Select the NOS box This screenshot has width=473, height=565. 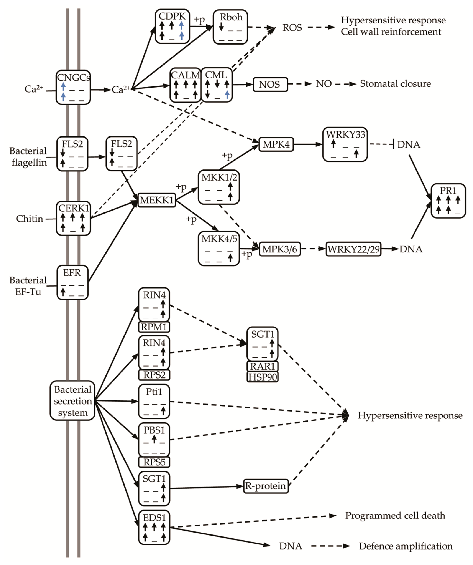[x=270, y=85]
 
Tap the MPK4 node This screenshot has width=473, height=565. [x=276, y=144]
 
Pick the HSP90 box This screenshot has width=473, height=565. [x=262, y=377]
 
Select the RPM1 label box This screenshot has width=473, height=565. [x=154, y=327]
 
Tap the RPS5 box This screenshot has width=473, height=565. [x=154, y=462]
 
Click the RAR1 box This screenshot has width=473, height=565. [x=262, y=366]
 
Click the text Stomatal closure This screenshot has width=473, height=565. [x=395, y=84]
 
